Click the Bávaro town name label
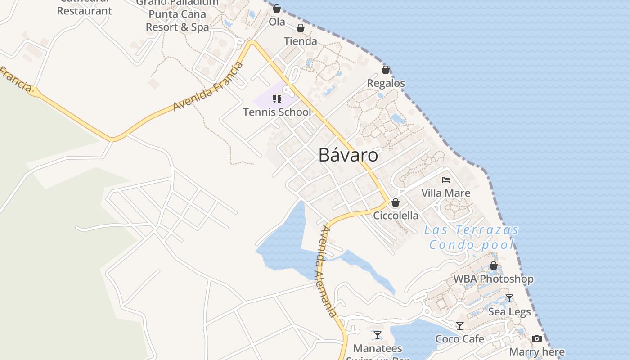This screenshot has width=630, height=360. coord(348,155)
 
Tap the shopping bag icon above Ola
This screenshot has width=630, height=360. coord(277,9)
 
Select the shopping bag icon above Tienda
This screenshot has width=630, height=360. coord(301,28)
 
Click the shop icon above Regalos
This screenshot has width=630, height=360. coord(386,70)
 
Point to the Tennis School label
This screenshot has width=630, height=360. coord(277,112)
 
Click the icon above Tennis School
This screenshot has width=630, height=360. coord(277,99)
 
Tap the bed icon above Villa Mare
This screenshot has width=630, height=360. coord(446,180)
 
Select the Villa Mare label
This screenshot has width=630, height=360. coord(446,193)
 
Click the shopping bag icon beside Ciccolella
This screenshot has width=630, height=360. coord(396,203)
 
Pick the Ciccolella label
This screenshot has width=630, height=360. coord(396,216)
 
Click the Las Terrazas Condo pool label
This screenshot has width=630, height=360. coord(472,237)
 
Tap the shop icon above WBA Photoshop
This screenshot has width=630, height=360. coord(494,265)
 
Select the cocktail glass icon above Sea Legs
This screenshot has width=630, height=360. coord(509,298)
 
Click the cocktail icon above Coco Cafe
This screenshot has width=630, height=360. coord(460,325)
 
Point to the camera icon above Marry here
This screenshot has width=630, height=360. coord(537,338)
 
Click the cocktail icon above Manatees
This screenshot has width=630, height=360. coord(378,335)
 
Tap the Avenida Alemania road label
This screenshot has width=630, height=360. coord(326,271)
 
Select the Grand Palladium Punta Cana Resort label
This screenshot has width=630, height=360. coord(177,14)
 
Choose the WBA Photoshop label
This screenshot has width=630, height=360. coord(493,279)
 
